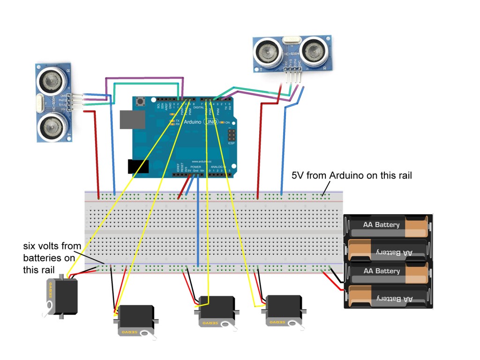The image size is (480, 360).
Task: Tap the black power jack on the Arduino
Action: (x=138, y=167)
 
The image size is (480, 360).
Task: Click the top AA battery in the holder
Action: (x=387, y=225)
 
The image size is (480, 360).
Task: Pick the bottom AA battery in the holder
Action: (x=387, y=298)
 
